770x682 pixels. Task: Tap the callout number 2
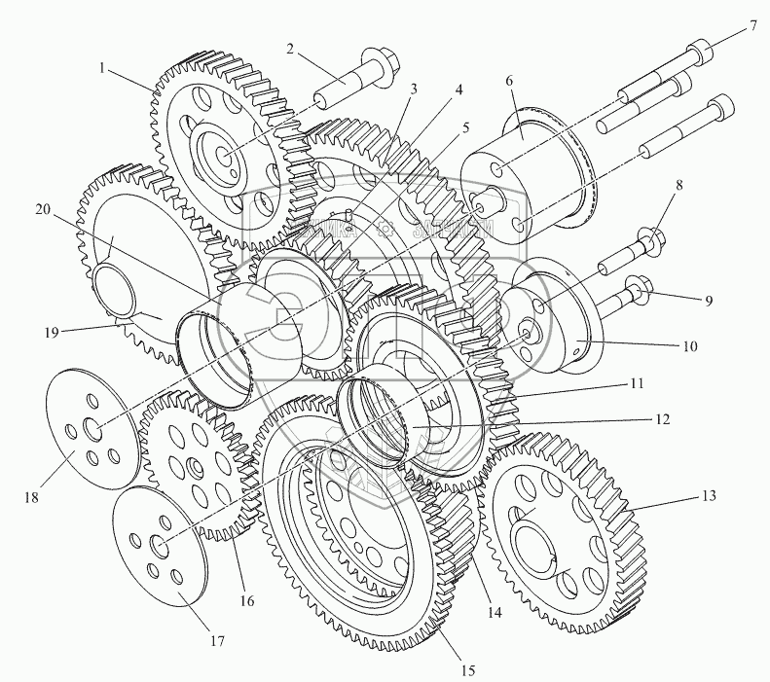290,48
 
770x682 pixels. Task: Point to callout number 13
708,496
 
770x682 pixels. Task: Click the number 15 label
468,669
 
